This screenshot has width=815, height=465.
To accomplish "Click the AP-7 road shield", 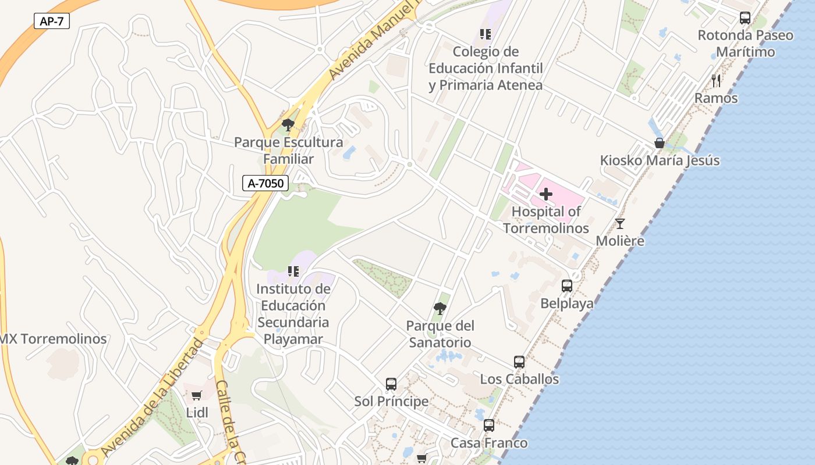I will [x=52, y=22].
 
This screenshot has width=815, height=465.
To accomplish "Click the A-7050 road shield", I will [x=265, y=184].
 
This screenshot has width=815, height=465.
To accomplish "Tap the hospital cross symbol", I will [x=546, y=194].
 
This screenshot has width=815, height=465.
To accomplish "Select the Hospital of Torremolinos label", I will [x=546, y=220].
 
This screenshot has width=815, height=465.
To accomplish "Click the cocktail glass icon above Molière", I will [x=620, y=224].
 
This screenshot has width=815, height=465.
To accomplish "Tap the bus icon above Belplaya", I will [x=566, y=286].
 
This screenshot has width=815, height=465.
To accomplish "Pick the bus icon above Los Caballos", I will [x=519, y=362].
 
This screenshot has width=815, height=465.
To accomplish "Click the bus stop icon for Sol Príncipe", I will [x=391, y=384].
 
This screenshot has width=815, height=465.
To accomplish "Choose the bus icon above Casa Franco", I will [x=489, y=425].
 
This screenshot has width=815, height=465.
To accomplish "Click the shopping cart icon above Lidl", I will [x=197, y=396].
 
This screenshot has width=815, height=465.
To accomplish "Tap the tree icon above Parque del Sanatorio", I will [x=440, y=308].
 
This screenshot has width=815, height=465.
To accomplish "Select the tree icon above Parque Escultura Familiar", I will [x=288, y=124].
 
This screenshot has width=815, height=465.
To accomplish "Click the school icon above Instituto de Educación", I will [x=293, y=271].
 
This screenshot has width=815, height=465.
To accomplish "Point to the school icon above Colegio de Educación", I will [x=486, y=34].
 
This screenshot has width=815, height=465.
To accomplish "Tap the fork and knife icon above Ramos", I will [x=716, y=81].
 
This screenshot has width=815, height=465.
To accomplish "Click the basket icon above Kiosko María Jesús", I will [x=660, y=143].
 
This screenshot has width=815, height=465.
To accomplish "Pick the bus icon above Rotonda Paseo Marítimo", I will [x=745, y=18].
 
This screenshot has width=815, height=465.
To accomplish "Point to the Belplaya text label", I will [x=567, y=303].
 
